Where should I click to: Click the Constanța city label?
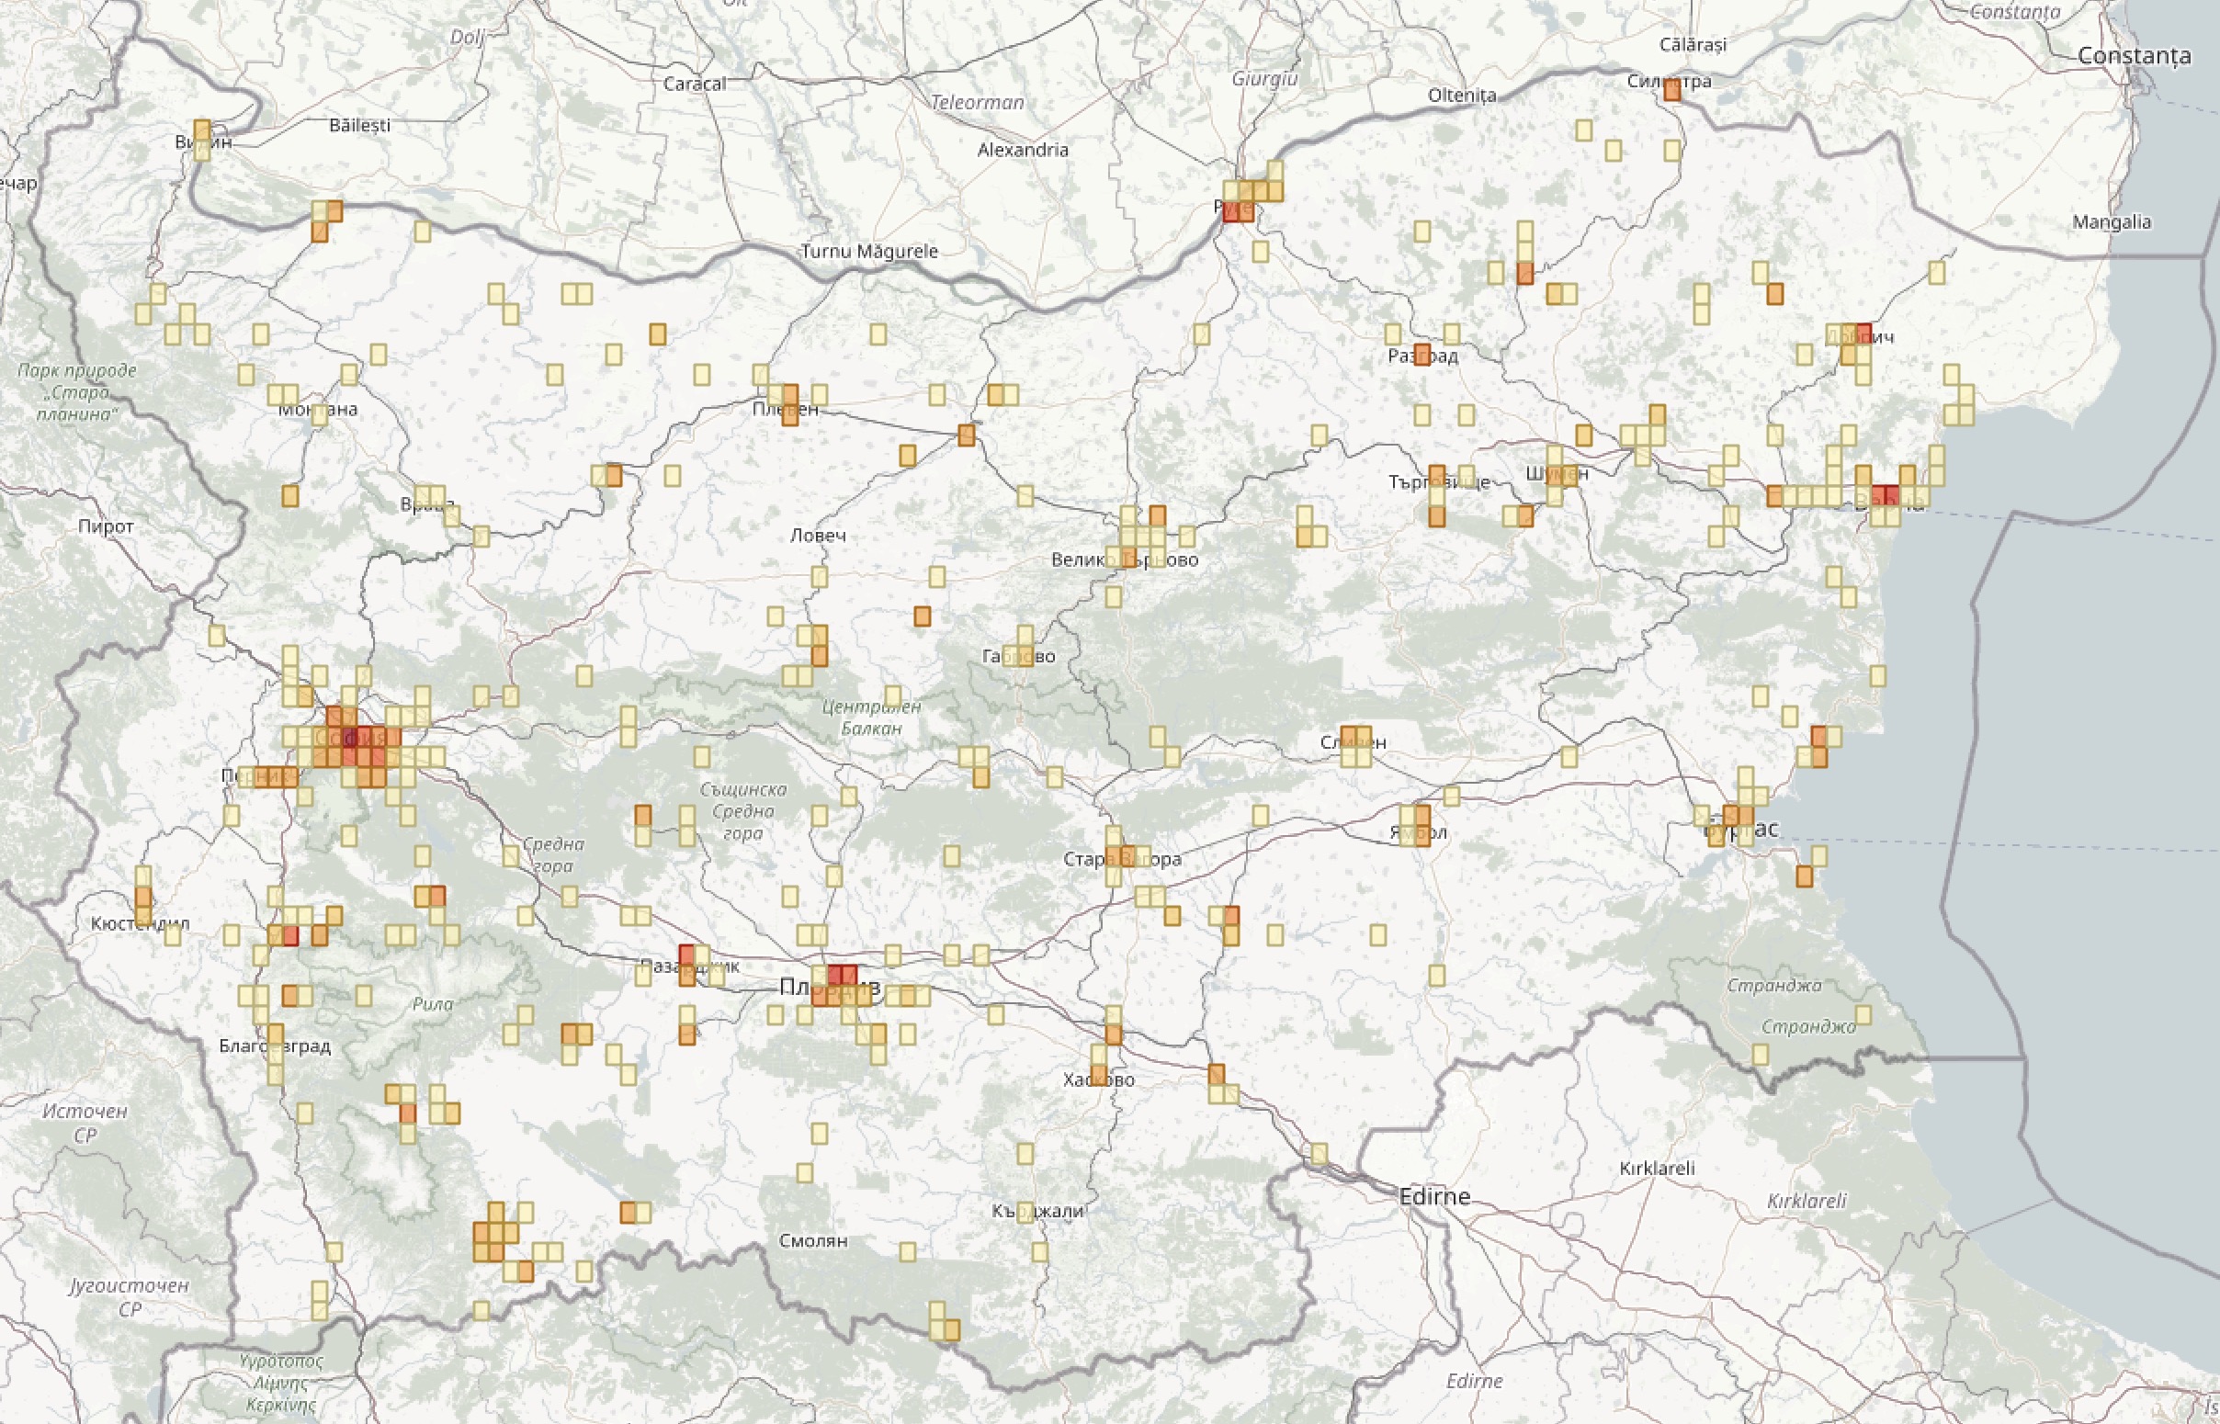point(2134,55)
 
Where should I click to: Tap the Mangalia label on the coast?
point(2111,222)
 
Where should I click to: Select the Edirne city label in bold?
point(1434,1196)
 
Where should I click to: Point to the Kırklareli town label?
point(1657,1168)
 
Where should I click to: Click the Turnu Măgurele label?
point(869,251)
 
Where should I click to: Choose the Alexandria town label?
point(1023,149)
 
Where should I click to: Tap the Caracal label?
point(695,84)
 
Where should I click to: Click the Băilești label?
point(359,125)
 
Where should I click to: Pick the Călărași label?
point(1692,44)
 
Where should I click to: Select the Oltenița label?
point(1461,96)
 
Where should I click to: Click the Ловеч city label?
point(818,535)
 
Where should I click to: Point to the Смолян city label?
point(812,1240)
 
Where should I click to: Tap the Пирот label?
point(106,526)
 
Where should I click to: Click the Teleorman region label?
point(978,102)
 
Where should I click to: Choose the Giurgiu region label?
point(1264,79)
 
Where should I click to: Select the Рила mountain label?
point(433,1003)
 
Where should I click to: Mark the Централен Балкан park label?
point(871,717)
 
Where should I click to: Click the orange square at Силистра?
point(1671,91)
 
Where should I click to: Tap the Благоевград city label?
point(275,1045)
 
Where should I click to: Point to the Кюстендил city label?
point(140,922)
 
